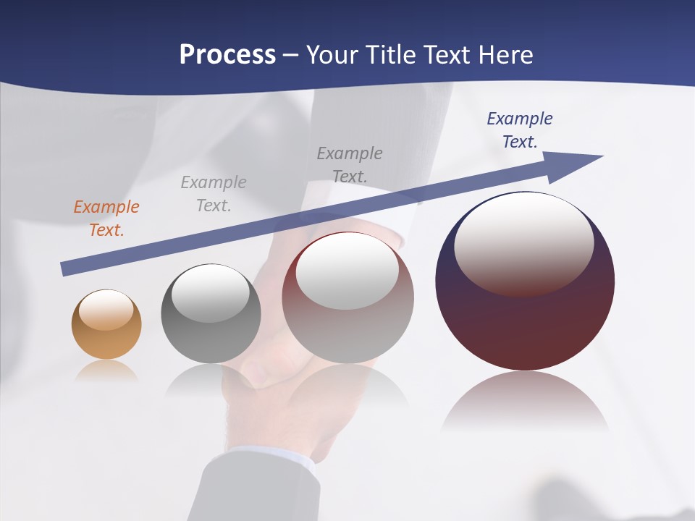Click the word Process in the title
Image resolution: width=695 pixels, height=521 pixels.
coord(227,55)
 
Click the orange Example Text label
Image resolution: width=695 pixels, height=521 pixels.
coord(106,219)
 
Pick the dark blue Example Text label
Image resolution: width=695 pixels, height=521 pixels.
coord(520,130)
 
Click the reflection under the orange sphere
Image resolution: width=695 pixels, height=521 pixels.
coord(106,370)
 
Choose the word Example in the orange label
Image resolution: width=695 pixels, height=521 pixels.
coord(106,207)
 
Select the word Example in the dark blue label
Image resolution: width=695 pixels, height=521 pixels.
coord(520,119)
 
